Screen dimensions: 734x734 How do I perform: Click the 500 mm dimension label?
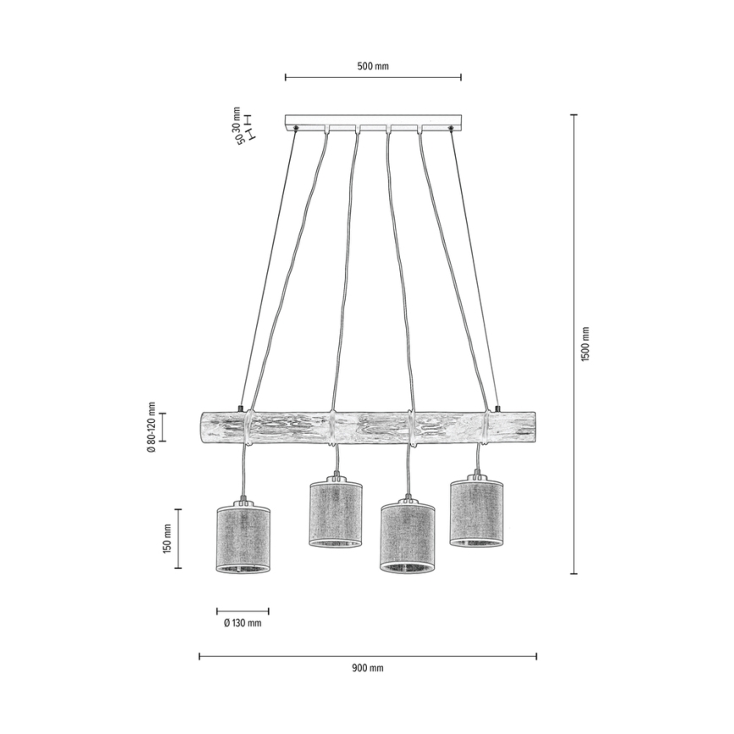pos(373,66)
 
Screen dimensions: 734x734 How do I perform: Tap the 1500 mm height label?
pos(585,343)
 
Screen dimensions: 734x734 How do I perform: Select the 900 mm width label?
pos(367,668)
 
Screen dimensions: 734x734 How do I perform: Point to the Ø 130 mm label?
pos(243,623)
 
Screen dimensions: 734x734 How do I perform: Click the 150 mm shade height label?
pos(167,538)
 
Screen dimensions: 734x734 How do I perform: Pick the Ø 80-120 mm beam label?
pos(150,427)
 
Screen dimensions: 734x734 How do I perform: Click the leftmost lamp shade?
pos(244,540)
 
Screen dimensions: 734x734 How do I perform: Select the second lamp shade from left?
pos(336,512)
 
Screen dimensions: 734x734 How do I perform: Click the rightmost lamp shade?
pos(477,512)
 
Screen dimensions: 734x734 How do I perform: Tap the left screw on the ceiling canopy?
pos(297,128)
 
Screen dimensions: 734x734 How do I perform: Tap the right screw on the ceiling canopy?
pos(452,128)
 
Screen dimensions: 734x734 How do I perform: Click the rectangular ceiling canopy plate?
pos(374,121)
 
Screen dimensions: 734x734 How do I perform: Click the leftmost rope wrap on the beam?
pos(248,427)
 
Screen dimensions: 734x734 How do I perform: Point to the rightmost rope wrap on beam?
pos(486,427)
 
